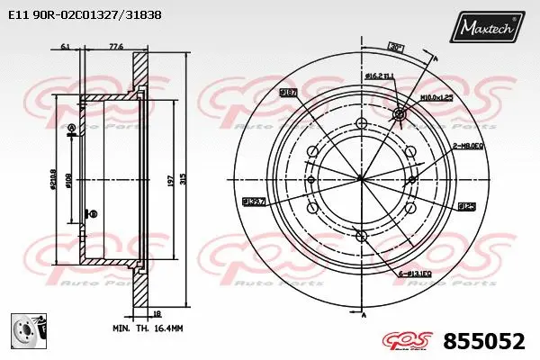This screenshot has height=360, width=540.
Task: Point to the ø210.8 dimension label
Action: [55, 182]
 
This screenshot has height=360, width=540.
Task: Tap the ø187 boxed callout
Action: [288, 93]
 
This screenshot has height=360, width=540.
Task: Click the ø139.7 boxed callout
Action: [253, 202]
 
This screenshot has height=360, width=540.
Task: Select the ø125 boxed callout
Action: [466, 206]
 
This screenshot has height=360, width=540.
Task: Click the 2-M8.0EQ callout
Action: [467, 145]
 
